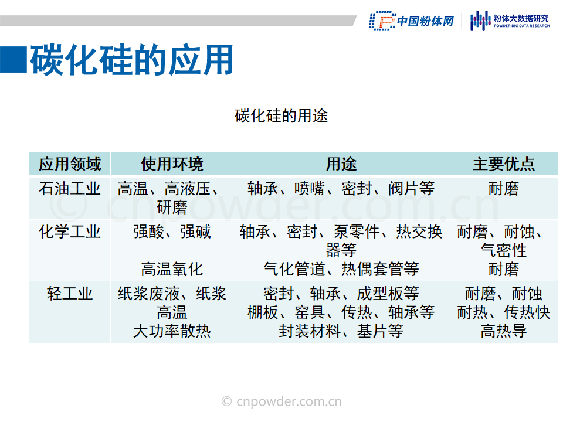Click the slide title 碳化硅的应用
pos(132,60)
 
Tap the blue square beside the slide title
pos(13,60)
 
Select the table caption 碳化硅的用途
pos(281,116)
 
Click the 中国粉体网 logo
pos(412,21)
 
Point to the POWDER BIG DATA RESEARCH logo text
pos(521,26)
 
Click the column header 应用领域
pos(70,164)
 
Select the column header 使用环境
pos(172,164)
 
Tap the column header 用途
pos(341,164)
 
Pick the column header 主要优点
pos(504,164)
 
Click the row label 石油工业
pos(70,189)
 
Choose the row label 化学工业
pos(70,232)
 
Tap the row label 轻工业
pos(70,294)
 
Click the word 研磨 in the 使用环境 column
pos(172,207)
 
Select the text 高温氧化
pos(172,269)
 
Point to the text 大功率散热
pos(172,331)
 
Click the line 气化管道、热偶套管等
pos(341,269)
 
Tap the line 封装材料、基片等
pos(341,331)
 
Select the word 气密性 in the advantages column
pos(504,250)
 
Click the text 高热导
pos(504,331)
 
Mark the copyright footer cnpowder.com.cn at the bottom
pos(281,401)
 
